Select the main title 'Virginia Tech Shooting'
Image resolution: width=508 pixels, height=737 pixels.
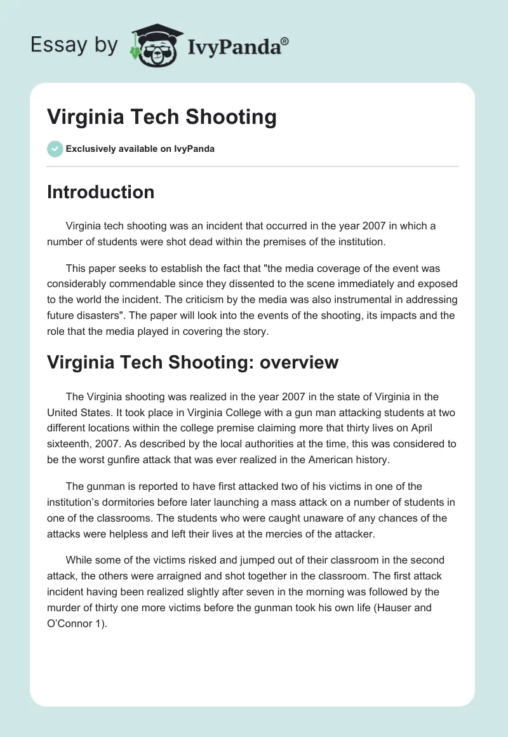(162, 117)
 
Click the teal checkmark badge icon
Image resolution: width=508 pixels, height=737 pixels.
(55, 149)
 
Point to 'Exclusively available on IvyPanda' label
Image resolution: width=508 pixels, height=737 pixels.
(140, 149)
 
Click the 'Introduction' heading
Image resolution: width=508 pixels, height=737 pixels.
(100, 192)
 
